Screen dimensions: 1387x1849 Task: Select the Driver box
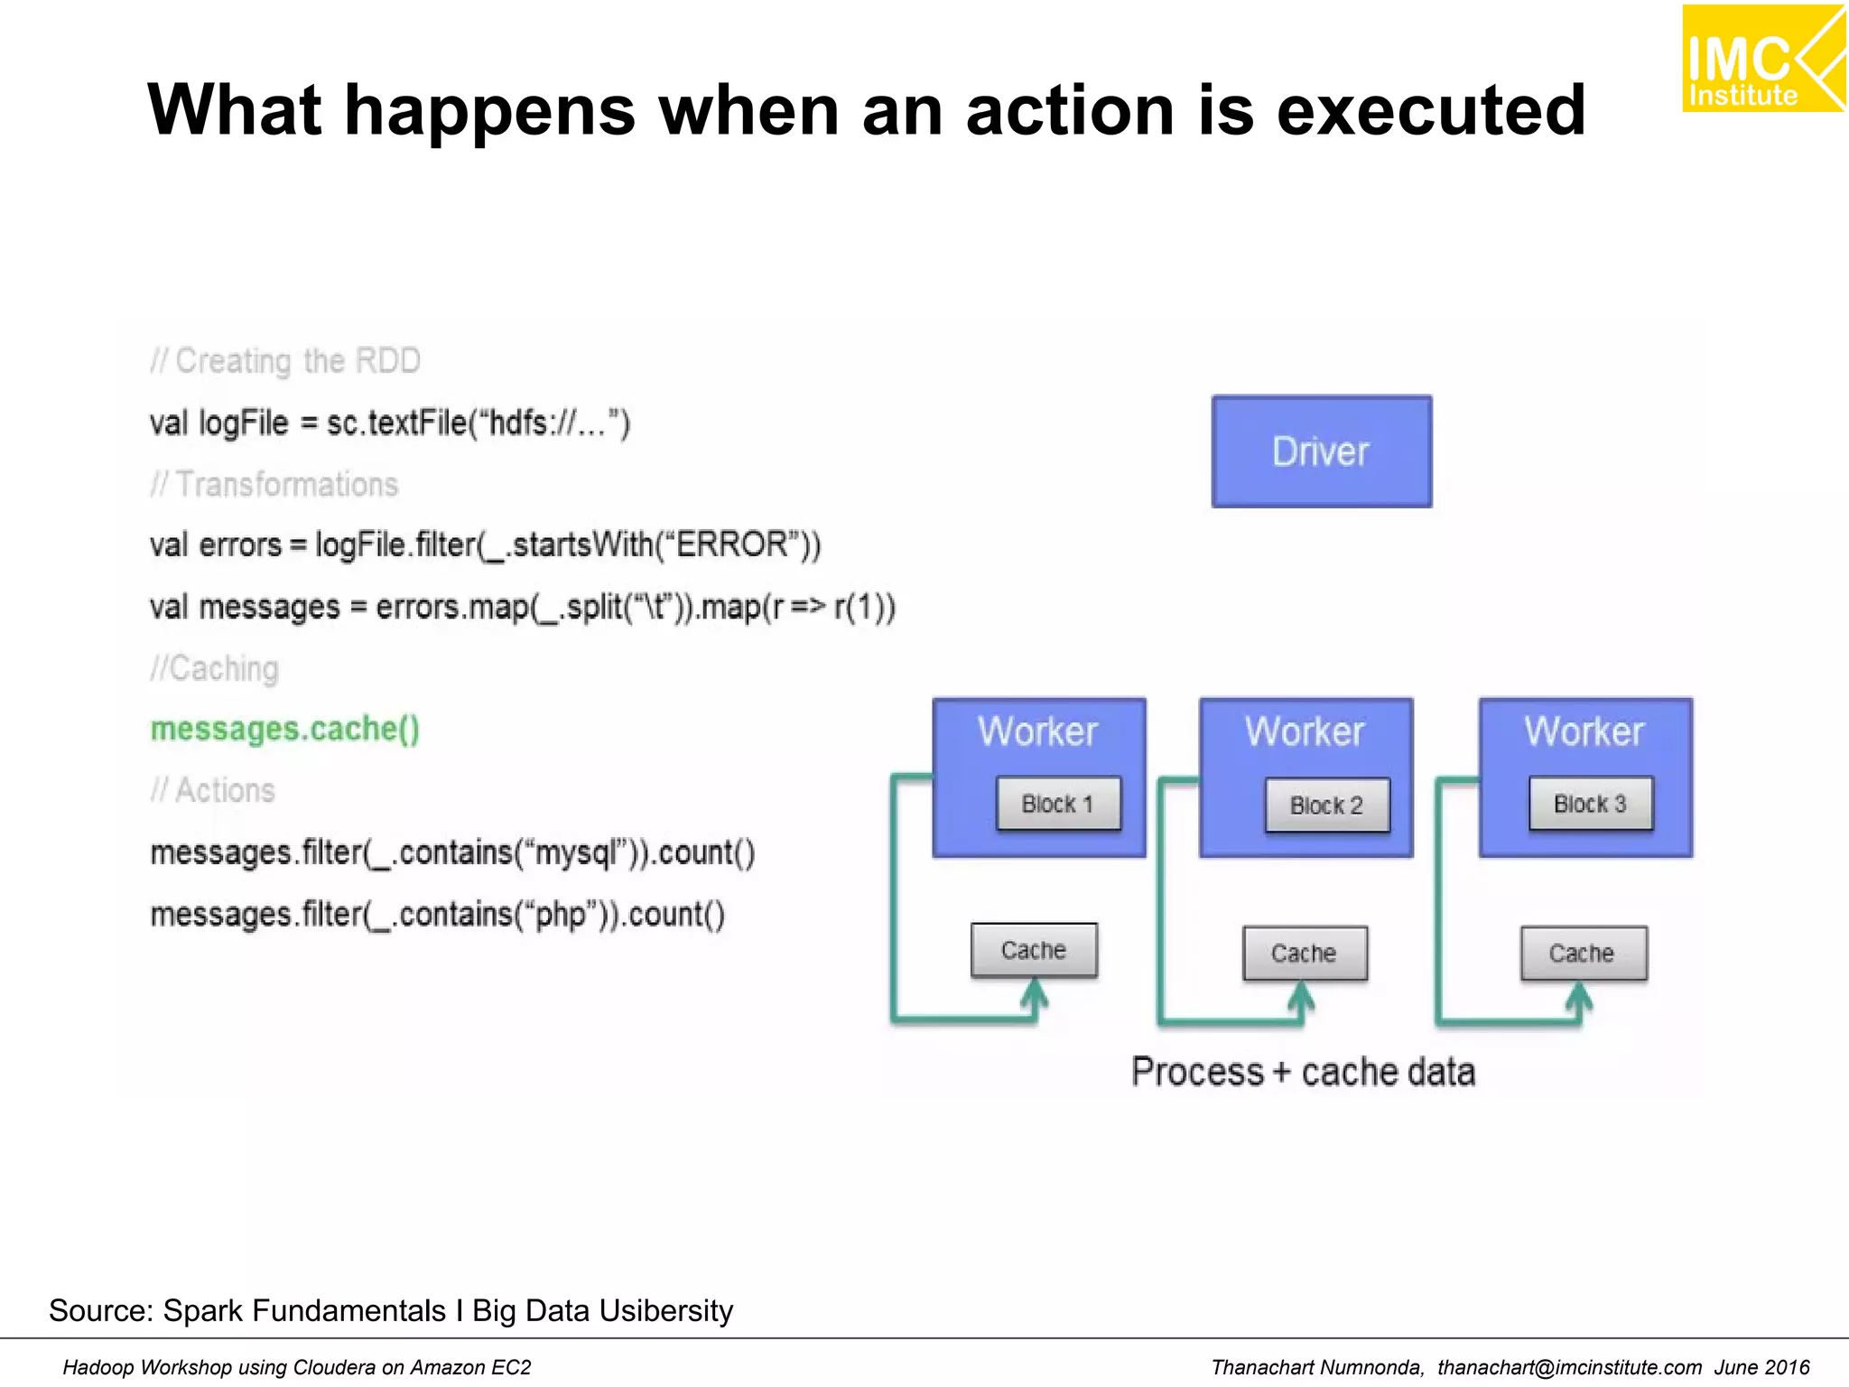click(1321, 451)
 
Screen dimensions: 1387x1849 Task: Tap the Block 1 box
click(1058, 804)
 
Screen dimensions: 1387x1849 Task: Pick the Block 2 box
click(1326, 805)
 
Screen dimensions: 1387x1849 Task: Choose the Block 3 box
click(1590, 804)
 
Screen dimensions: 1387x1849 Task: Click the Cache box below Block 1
click(1034, 951)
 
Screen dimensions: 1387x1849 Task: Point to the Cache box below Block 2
click(1304, 954)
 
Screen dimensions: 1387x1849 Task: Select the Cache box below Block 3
click(1583, 954)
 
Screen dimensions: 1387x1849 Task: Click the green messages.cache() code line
click(284, 729)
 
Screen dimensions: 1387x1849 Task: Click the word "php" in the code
click(560, 915)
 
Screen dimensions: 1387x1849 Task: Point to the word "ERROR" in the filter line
click(732, 545)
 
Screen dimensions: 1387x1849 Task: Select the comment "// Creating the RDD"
click(285, 361)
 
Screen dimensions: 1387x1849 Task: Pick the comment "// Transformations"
click(274, 485)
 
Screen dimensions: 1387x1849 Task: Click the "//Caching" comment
click(214, 669)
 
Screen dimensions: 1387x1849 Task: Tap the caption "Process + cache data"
click(1303, 1073)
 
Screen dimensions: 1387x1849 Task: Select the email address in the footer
click(1569, 1367)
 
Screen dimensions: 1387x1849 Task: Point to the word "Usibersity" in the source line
click(665, 1310)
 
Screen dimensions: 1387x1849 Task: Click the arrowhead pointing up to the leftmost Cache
click(1035, 995)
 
